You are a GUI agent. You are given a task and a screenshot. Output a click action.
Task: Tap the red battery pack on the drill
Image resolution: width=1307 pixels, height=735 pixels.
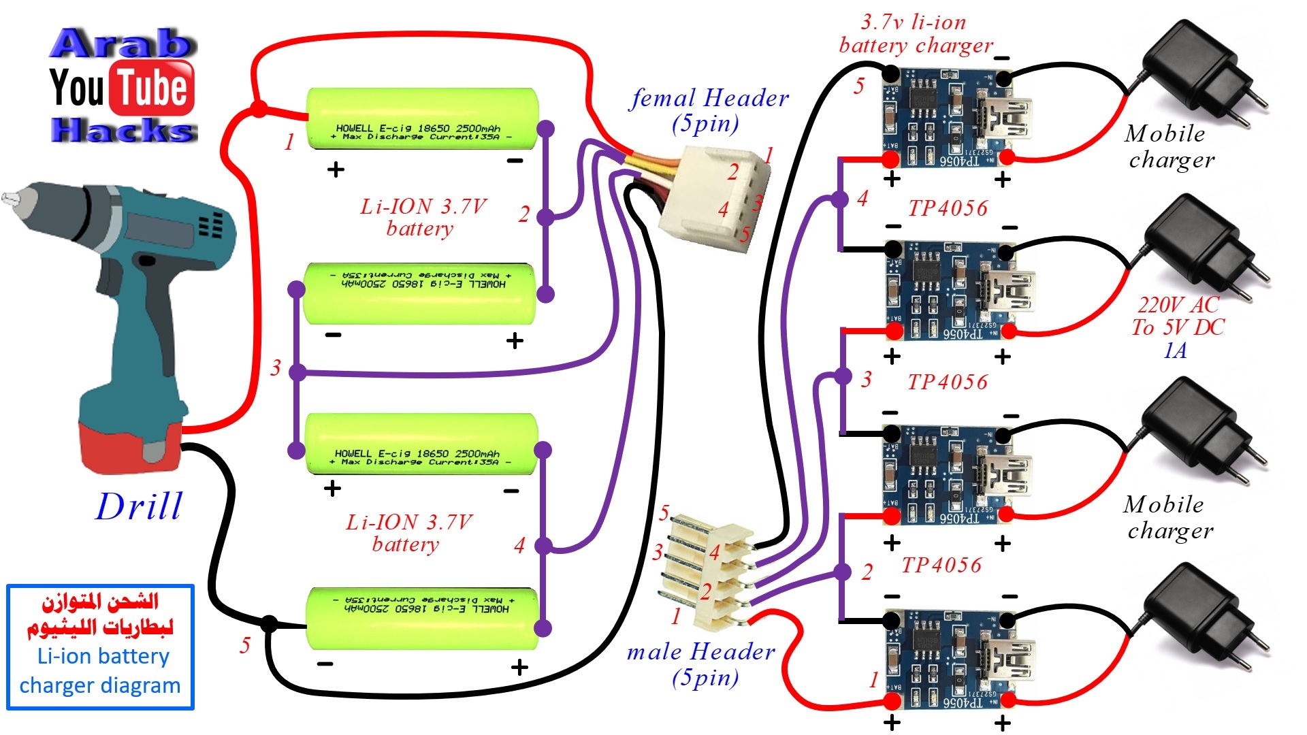click(129, 446)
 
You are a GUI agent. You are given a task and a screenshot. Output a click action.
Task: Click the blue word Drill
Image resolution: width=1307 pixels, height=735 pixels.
click(140, 507)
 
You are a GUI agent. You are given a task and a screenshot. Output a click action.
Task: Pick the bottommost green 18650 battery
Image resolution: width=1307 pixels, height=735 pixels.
click(422, 618)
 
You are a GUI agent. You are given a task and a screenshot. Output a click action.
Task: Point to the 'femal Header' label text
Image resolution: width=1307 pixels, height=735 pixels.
click(709, 98)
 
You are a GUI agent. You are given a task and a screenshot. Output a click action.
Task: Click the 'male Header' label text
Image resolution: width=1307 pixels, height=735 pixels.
click(701, 652)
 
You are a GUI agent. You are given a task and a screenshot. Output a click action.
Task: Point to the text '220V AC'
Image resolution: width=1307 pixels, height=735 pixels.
click(1178, 304)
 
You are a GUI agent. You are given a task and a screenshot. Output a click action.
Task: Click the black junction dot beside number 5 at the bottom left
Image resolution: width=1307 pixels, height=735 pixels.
click(270, 623)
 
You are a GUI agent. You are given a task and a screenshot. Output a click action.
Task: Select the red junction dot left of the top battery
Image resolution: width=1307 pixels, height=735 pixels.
click(259, 109)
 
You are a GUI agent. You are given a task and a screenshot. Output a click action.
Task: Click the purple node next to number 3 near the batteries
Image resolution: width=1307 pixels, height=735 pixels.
click(297, 372)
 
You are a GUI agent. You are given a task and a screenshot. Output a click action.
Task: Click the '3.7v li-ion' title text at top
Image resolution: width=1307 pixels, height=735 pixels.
click(913, 22)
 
